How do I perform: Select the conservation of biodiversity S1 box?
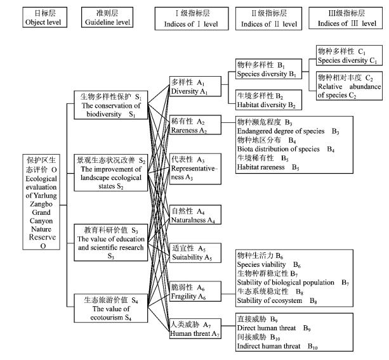tap(110, 105)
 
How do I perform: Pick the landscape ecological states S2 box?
tap(110, 169)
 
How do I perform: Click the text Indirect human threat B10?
tap(276, 347)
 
